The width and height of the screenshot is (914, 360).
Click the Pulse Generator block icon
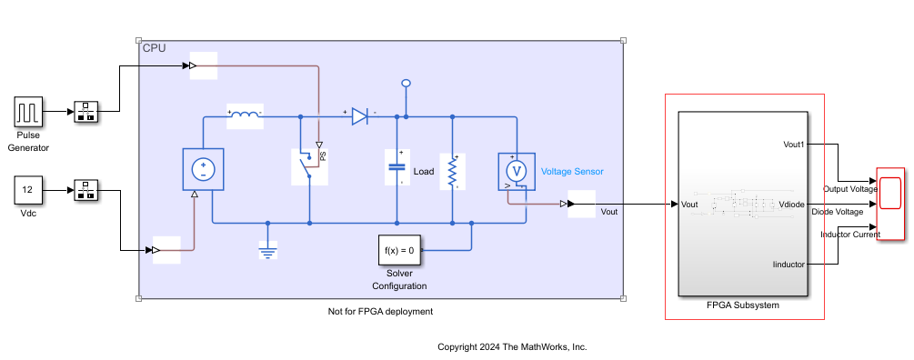point(28,112)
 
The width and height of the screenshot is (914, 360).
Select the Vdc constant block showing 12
point(28,190)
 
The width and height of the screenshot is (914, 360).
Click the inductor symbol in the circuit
point(244,116)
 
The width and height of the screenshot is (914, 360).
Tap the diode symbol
point(359,116)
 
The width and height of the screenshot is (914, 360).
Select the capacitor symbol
point(397,167)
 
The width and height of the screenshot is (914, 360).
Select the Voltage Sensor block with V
point(516,170)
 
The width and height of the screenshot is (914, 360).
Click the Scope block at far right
point(890,205)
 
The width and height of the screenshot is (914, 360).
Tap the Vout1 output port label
point(793,145)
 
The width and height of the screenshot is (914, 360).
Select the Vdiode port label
point(792,205)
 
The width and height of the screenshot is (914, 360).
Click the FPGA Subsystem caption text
point(742,305)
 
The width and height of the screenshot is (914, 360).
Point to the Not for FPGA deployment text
point(380,312)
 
